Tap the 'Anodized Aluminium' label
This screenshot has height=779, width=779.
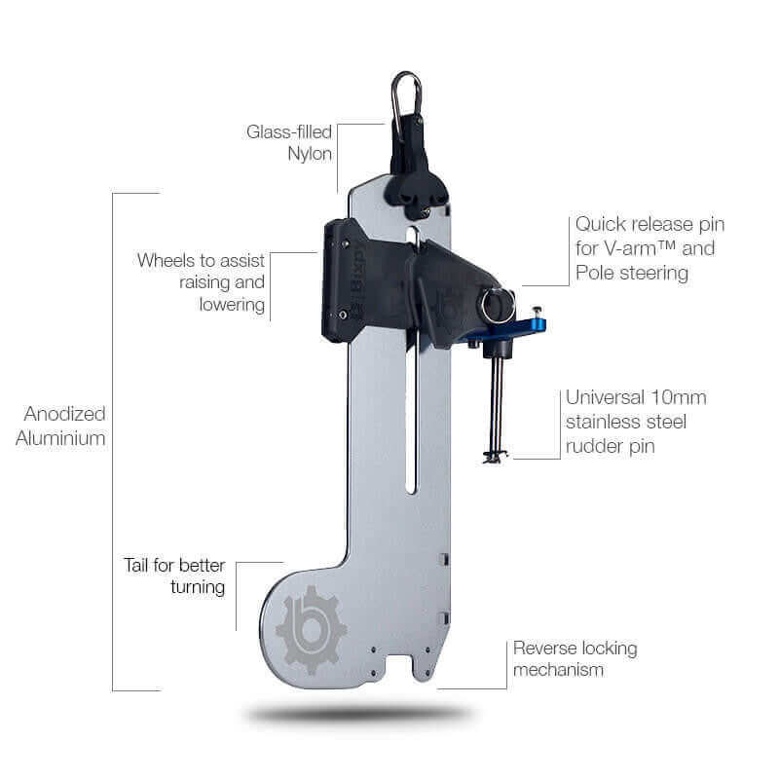(x=60, y=427)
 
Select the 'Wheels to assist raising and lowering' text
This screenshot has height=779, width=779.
(x=201, y=282)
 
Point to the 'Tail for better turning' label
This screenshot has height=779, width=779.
(x=174, y=575)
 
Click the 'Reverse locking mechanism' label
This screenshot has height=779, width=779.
(x=575, y=658)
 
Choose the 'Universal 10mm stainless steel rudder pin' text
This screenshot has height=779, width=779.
(x=635, y=422)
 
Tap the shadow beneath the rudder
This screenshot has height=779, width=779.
(x=357, y=715)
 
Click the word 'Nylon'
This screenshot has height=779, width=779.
(x=310, y=155)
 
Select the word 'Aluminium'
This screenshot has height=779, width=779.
(x=60, y=438)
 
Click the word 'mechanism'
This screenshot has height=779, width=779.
(x=558, y=669)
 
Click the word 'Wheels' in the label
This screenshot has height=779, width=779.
(x=167, y=260)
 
